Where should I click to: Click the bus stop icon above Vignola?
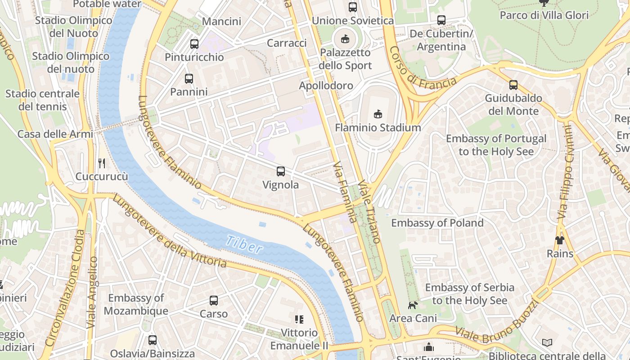point(280,171)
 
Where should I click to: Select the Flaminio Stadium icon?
point(378,114)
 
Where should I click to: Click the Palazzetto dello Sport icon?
point(345,39)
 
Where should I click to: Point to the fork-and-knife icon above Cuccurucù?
point(102,163)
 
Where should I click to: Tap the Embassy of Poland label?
point(437,223)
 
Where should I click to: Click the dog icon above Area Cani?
point(413,305)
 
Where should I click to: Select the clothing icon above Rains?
point(559,240)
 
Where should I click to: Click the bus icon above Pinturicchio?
point(194,44)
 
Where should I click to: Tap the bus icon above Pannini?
point(189,78)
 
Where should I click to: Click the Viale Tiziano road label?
point(370,211)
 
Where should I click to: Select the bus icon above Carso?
point(214,300)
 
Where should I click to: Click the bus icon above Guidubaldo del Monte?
point(513,85)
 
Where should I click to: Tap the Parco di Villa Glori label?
point(544,15)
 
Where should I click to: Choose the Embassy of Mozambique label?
point(136,304)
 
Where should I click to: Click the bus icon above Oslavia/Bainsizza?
point(153,340)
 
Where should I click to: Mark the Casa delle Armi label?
point(55,134)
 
